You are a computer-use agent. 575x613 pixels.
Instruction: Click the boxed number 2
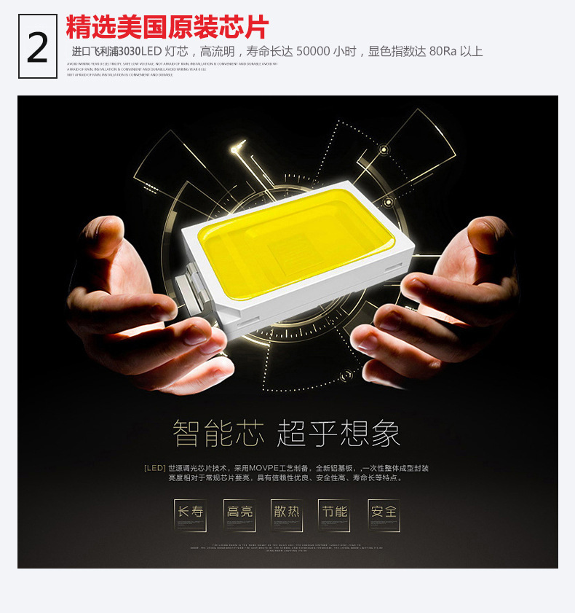38,47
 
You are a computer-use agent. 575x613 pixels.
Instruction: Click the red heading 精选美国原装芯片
167,28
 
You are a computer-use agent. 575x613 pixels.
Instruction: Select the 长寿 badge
190,512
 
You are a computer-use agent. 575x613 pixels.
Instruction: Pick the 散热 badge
287,512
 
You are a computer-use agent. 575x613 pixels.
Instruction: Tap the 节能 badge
335,512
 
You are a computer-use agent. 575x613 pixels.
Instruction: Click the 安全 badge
384,512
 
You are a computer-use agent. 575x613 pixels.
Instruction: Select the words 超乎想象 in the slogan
338,434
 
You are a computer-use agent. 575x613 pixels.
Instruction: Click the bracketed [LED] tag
154,468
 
